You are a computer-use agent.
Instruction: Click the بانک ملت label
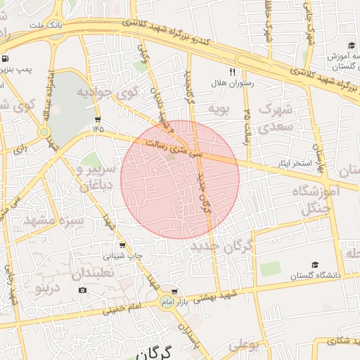click(51, 25)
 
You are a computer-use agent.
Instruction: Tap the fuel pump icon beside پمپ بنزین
click(6, 59)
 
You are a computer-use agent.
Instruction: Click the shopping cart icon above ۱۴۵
click(97, 119)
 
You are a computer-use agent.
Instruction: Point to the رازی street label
click(19, 149)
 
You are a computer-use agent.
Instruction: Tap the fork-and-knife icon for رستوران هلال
click(231, 72)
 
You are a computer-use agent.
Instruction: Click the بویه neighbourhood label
click(219, 109)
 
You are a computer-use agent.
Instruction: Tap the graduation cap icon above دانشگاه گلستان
click(314, 264)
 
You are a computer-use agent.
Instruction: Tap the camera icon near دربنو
click(83, 290)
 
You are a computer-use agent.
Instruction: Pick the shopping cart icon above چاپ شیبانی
click(123, 245)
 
